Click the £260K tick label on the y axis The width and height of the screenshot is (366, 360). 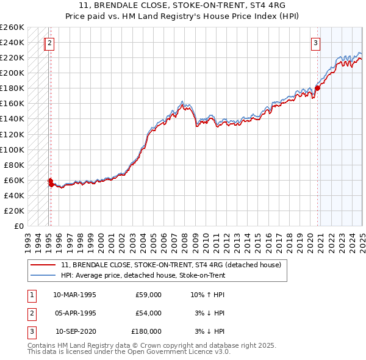pos(12,27)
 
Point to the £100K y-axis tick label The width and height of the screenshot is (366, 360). pos(12,149)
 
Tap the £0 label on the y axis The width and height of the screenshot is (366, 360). pos(18,226)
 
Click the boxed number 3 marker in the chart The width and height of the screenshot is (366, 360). pos(315,43)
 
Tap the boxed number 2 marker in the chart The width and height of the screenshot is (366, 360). pos(49,43)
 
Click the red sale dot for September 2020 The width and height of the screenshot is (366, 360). pos(317,88)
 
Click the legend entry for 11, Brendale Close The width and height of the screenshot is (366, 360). pos(171,265)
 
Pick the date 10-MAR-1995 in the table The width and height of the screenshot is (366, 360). pos(75,295)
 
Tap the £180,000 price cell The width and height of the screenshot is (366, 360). pos(146,331)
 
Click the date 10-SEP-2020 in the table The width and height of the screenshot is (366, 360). pos(76,331)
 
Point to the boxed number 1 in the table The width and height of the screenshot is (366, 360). pos(31,295)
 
